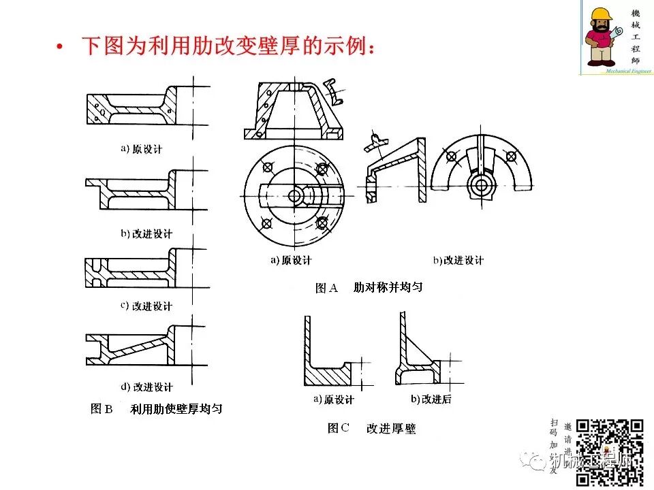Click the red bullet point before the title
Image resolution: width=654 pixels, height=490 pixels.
[x=60, y=48]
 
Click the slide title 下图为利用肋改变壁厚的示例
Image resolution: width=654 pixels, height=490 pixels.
[x=228, y=47]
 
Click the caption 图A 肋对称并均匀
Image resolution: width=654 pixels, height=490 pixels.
[x=369, y=287]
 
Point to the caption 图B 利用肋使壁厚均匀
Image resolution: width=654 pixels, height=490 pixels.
[x=156, y=409]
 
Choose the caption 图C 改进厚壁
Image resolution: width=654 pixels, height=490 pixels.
[x=371, y=428]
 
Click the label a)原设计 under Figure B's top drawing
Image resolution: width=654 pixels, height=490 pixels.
[x=142, y=148]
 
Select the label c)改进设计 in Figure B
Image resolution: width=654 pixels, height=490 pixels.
[x=146, y=306]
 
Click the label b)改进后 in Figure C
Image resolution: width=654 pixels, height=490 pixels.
[x=431, y=399]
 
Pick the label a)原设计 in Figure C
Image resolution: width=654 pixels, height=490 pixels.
[x=333, y=399]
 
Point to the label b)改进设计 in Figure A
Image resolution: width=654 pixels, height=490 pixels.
[x=458, y=260]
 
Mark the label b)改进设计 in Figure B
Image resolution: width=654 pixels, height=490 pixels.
[x=146, y=233]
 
